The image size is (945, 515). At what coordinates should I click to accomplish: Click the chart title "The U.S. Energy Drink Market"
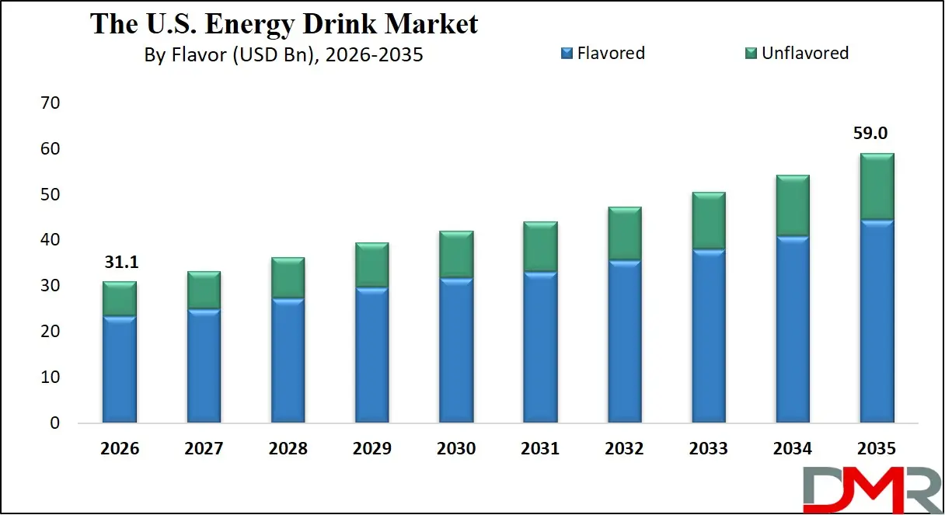284,24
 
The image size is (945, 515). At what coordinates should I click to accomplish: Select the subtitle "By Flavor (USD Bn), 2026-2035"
284,55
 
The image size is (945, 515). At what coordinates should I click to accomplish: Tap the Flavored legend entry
603,53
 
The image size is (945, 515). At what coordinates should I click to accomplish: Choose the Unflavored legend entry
797,53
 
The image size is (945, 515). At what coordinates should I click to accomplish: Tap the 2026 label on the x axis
120,449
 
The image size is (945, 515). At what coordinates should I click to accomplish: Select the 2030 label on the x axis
456,449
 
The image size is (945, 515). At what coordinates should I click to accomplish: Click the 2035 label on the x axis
877,449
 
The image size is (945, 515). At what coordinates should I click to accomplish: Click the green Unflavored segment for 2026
120,298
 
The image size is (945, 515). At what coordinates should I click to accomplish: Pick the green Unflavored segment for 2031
540,247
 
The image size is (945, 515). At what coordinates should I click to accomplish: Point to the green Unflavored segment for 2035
877,186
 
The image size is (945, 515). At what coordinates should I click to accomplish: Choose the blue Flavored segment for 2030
456,350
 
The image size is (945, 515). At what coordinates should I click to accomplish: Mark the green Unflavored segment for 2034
793,206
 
